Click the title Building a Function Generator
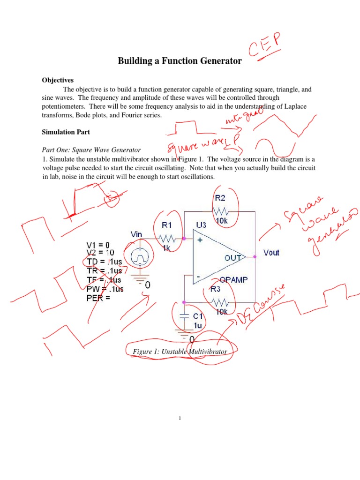(180, 61)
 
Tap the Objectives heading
(58, 80)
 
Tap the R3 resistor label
(216, 289)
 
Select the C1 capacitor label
(198, 316)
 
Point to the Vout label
(271, 253)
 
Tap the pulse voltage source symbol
(140, 257)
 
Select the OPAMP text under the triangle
(233, 279)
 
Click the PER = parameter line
(98, 297)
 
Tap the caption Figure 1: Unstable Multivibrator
(180, 352)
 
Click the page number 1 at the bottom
(180, 419)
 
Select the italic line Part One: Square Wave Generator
(91, 150)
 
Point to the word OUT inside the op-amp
(233, 258)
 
